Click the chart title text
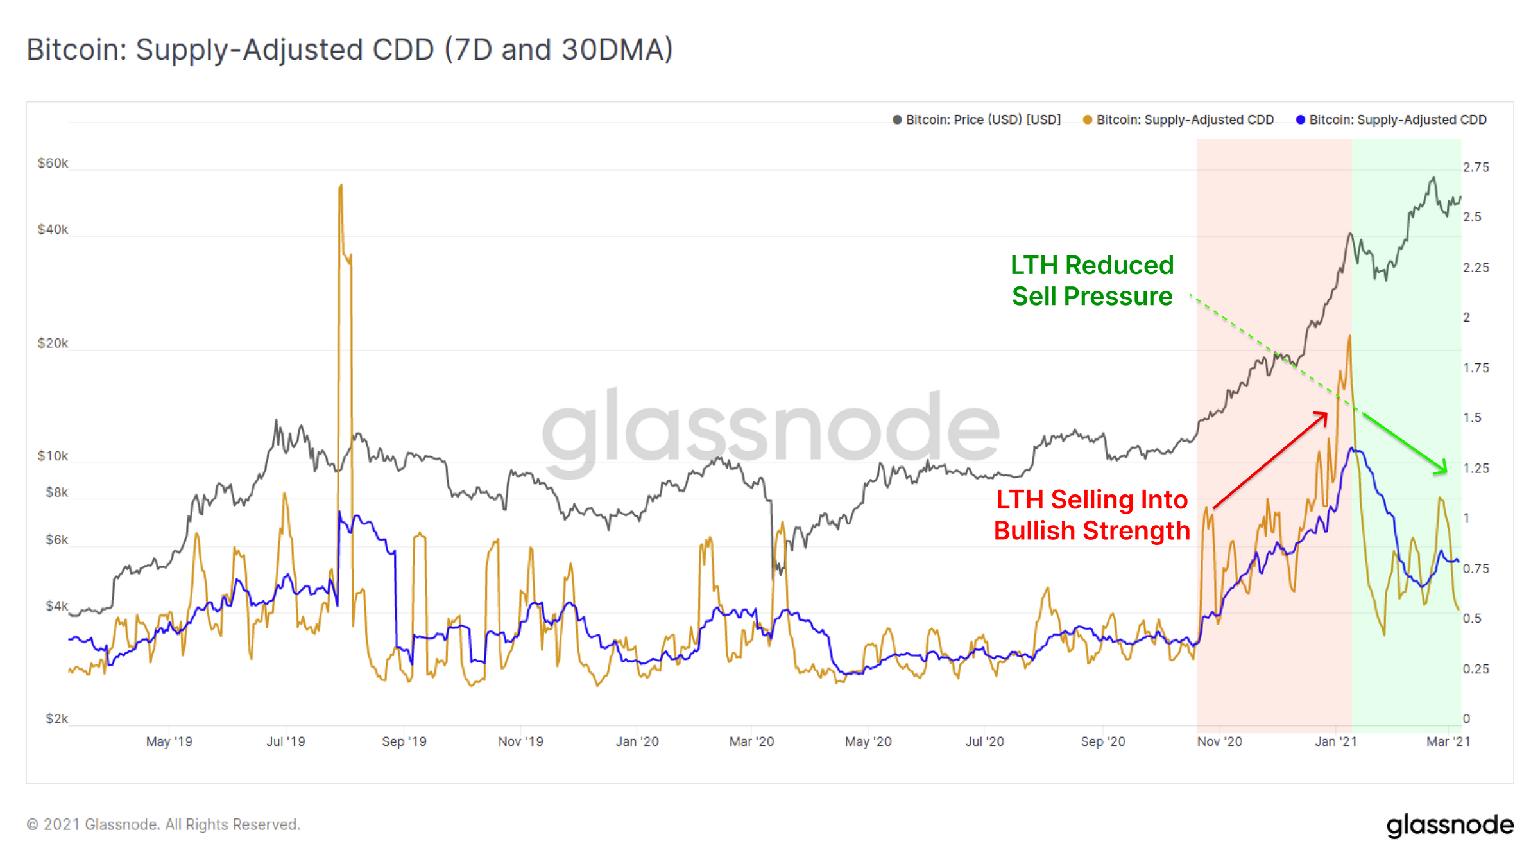click(x=350, y=50)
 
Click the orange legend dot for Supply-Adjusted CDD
click(x=1087, y=120)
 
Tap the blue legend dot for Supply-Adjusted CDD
click(x=1300, y=120)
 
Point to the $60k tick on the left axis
click(x=53, y=163)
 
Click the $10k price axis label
click(x=53, y=456)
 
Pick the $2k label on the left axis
click(x=56, y=718)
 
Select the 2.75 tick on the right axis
click(x=1476, y=168)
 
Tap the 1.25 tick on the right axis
click(x=1476, y=468)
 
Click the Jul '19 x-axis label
click(x=286, y=741)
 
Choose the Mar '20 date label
click(x=751, y=741)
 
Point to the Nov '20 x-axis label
click(x=1219, y=741)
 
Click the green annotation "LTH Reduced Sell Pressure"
click(x=1092, y=281)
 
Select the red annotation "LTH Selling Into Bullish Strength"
click(x=1092, y=515)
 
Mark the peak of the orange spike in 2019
click(x=341, y=186)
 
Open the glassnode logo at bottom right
click(x=1450, y=825)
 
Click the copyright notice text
click(x=163, y=824)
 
